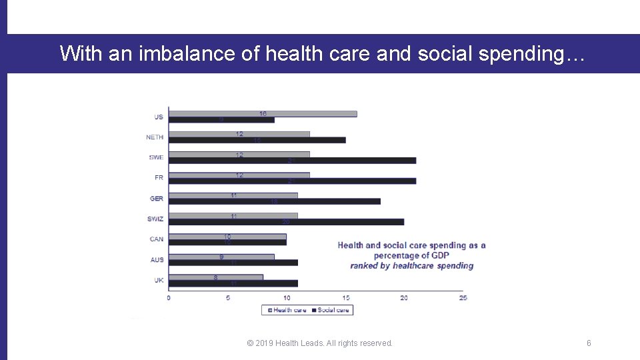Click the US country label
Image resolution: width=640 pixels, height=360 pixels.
(158, 117)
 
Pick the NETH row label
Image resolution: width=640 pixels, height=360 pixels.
(155, 137)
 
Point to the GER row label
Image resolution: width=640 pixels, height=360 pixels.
(157, 199)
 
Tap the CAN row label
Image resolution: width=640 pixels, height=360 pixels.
(156, 239)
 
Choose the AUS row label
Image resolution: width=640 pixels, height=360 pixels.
(157, 260)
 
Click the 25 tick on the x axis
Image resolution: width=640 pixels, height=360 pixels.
(463, 298)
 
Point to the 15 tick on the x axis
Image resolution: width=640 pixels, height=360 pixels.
(345, 298)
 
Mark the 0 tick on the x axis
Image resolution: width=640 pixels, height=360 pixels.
(169, 298)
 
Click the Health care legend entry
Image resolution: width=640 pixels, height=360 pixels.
(287, 310)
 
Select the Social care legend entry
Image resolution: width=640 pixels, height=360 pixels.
(331, 310)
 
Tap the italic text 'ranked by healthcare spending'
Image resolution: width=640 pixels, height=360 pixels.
(411, 265)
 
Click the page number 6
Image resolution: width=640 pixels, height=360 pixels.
(589, 343)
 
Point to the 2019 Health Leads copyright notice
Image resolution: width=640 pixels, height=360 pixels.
(319, 343)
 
